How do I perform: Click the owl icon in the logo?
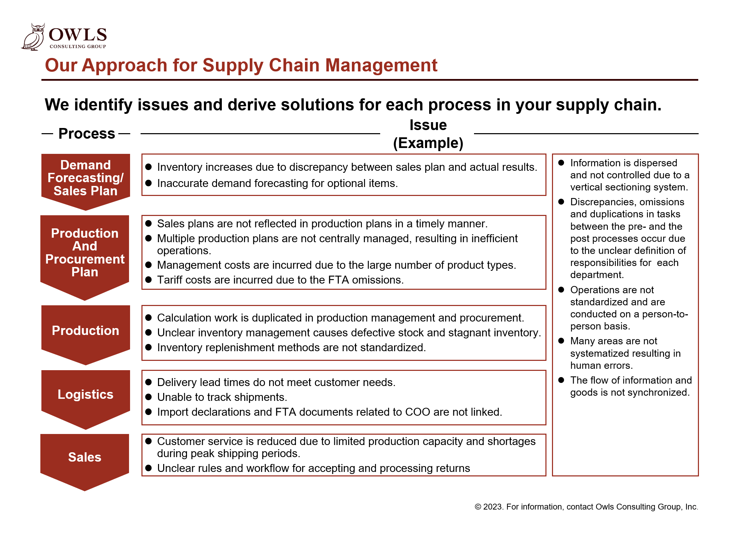[x=33, y=37]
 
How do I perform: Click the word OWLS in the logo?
[x=78, y=34]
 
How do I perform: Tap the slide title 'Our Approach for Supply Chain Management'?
[x=241, y=65]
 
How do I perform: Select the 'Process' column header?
[x=87, y=134]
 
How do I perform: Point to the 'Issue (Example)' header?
[x=428, y=134]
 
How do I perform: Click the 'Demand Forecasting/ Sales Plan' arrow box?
[x=86, y=181]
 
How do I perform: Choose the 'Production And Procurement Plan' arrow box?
[x=85, y=257]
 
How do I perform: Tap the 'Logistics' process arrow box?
[x=86, y=399]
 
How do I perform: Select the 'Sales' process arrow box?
[x=85, y=462]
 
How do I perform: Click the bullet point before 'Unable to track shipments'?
[x=149, y=397]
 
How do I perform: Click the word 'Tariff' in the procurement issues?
[x=170, y=280]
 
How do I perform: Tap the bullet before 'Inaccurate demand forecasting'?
[x=149, y=183]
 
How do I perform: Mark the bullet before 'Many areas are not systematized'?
[x=561, y=341]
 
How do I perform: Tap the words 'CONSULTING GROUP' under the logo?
[x=78, y=46]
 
